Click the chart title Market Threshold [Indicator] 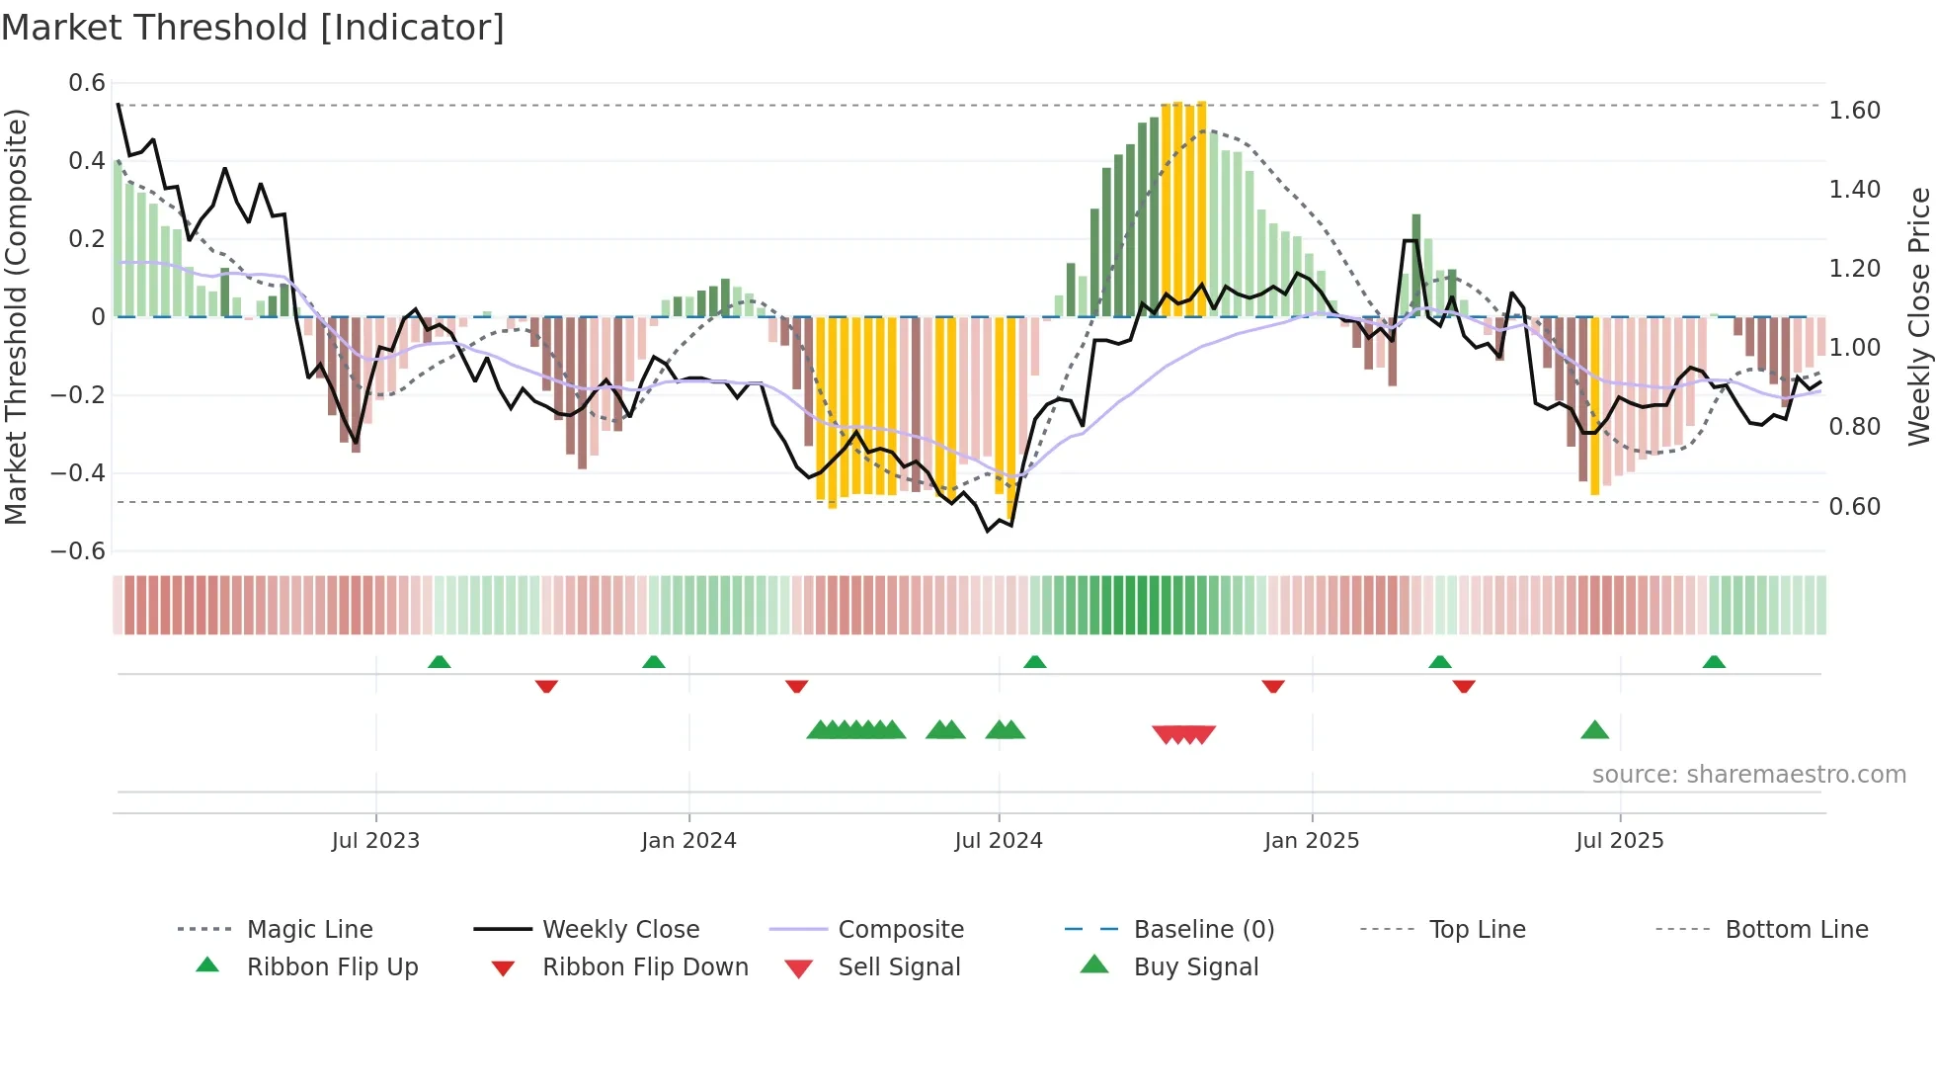point(253,28)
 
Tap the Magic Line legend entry point(309,930)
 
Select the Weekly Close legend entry point(620,930)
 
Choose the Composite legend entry point(901,930)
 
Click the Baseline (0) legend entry point(1203,930)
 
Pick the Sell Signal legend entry point(899,967)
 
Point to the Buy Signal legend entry point(1195,967)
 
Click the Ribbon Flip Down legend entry point(645,967)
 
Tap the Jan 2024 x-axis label point(688,841)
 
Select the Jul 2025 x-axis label point(1619,841)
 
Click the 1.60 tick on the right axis point(1854,111)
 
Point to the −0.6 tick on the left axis point(78,551)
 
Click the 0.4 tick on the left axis point(86,161)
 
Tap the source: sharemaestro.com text point(1748,775)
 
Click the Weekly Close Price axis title point(1918,316)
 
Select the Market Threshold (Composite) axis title point(16,316)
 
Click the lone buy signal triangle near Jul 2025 point(1594,731)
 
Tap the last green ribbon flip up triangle point(1714,662)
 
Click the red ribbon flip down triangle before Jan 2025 point(1273,686)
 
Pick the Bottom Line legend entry point(1796,930)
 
